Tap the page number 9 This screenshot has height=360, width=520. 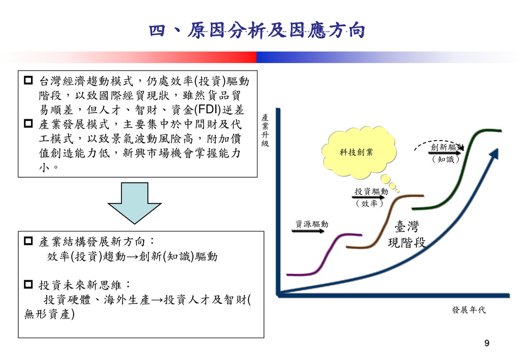click(487, 344)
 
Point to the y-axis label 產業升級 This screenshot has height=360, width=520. click(265, 130)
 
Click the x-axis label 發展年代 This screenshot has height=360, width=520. click(468, 310)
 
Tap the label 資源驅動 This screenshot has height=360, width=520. click(312, 224)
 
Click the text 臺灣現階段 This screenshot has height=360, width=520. click(406, 234)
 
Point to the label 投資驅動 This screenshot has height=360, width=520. click(371, 191)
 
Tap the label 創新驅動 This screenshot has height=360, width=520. click(446, 147)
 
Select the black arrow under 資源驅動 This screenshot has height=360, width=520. click(308, 232)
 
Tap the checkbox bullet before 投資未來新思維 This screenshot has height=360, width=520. click(28, 284)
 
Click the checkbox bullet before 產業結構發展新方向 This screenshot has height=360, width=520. click(28, 242)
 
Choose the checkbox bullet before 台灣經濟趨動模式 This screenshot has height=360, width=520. click(28, 80)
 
